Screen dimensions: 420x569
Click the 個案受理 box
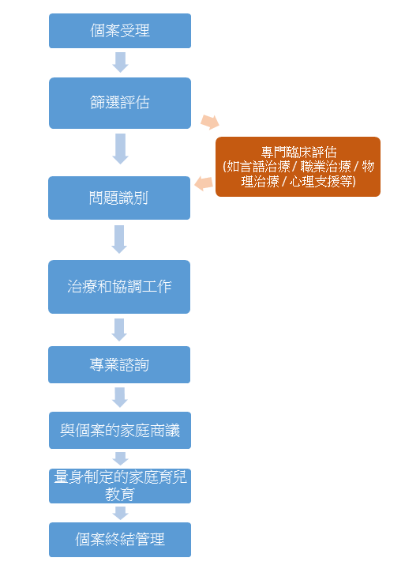[x=120, y=31]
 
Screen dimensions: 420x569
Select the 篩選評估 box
[x=120, y=103]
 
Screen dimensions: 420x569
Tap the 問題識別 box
[x=119, y=198]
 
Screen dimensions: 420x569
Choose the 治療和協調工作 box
[x=119, y=287]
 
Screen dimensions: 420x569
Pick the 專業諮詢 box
[x=119, y=364]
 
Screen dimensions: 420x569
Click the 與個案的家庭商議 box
[x=120, y=431]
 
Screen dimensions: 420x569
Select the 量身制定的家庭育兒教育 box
[x=120, y=486]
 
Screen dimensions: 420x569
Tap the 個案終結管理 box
[x=120, y=540]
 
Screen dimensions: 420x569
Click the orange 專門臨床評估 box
[x=298, y=167]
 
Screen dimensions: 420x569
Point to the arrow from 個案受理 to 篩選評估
[x=120, y=62]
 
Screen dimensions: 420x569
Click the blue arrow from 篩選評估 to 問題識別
[x=120, y=149]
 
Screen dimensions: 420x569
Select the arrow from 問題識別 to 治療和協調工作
[x=119, y=239]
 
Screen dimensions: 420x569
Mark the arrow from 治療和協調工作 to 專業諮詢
[x=119, y=330]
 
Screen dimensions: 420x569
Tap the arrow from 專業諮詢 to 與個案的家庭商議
[x=119, y=398]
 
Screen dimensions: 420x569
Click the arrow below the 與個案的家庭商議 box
[x=120, y=458]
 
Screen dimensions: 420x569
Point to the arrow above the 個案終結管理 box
[x=120, y=513]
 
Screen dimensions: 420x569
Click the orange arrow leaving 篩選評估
[x=210, y=122]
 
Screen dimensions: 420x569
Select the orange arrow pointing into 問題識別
[x=204, y=183]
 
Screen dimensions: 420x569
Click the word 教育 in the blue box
[x=120, y=494]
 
